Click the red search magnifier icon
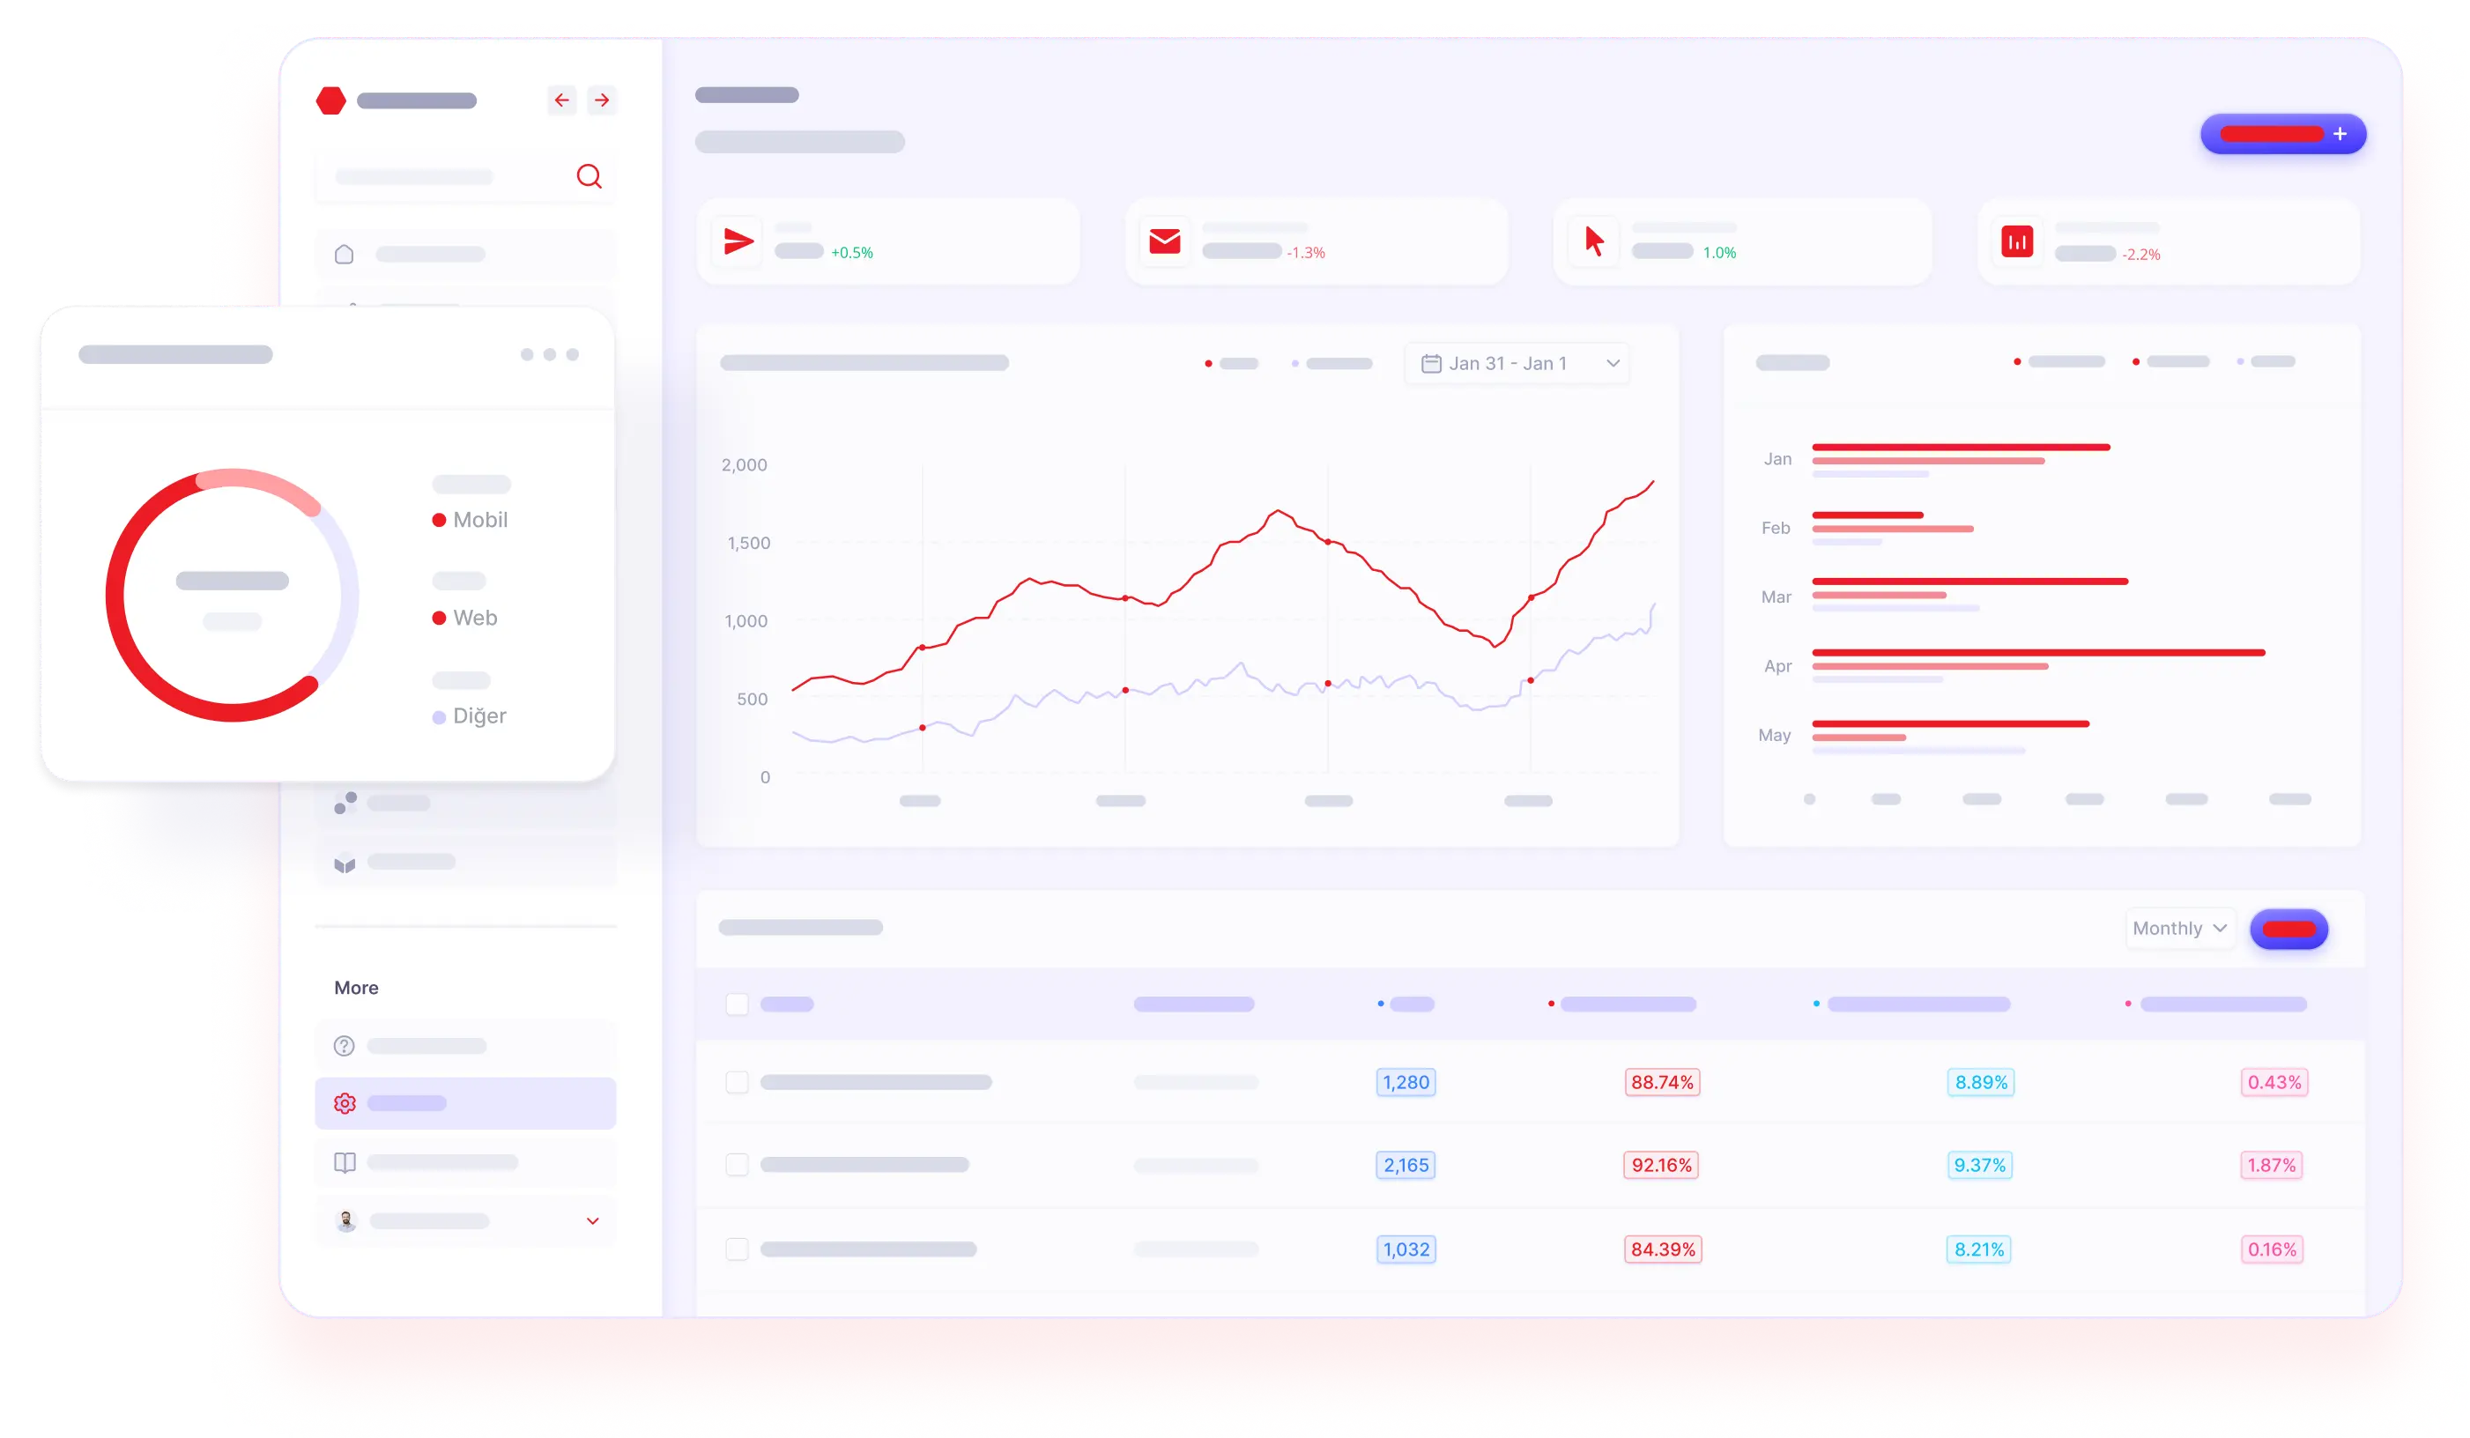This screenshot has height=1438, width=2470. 589,176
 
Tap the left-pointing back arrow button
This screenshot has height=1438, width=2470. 561,100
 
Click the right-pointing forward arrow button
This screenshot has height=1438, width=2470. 602,100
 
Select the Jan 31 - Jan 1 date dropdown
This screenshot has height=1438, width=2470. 1517,364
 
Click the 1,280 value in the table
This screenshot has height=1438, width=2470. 1406,1082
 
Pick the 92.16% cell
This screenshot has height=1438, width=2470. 1661,1165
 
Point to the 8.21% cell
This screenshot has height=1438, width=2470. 1979,1249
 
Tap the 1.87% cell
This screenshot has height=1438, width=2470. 2271,1165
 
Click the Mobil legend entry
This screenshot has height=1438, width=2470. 471,520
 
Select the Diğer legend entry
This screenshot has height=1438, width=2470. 470,716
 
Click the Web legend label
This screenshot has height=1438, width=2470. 475,618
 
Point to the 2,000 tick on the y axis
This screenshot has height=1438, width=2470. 744,464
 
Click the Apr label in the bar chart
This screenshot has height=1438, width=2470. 1777,665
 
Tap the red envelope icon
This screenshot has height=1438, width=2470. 1164,241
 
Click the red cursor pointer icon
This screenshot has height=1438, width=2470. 1595,241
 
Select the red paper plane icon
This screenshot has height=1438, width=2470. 738,241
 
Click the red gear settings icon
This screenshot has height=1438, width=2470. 344,1104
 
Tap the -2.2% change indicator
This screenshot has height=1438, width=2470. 2140,255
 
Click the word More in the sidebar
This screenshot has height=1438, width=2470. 356,988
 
